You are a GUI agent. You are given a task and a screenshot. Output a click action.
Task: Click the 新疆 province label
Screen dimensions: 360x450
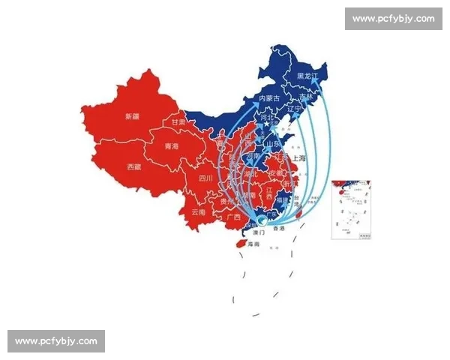click(x=132, y=116)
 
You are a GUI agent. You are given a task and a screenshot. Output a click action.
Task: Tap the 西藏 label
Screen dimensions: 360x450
click(x=133, y=166)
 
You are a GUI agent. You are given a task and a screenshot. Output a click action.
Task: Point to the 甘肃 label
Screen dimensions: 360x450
click(x=178, y=121)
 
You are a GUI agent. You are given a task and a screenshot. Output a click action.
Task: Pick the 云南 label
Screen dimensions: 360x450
click(x=198, y=212)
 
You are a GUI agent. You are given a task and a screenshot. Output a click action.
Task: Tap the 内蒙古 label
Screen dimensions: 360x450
click(x=268, y=98)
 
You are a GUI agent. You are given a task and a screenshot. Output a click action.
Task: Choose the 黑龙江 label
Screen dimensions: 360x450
click(x=308, y=76)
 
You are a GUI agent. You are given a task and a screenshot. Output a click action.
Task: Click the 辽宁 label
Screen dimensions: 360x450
click(x=294, y=109)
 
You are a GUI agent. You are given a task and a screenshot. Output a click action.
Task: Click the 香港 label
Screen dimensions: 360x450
click(x=279, y=228)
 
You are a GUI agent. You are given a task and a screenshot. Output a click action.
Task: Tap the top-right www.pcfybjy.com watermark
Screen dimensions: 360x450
click(x=393, y=18)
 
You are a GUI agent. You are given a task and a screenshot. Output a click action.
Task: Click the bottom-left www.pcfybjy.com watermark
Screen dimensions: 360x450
click(x=56, y=341)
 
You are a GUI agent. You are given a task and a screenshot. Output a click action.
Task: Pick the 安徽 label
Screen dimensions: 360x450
click(x=275, y=172)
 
